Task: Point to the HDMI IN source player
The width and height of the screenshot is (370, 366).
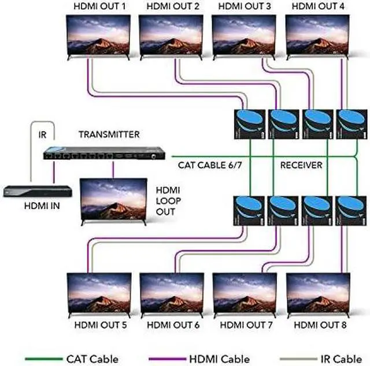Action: click(36, 190)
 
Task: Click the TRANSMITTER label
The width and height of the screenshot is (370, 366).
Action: click(109, 135)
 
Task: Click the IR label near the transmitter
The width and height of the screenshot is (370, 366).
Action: click(43, 135)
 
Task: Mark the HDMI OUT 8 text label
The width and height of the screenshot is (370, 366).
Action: click(320, 325)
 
